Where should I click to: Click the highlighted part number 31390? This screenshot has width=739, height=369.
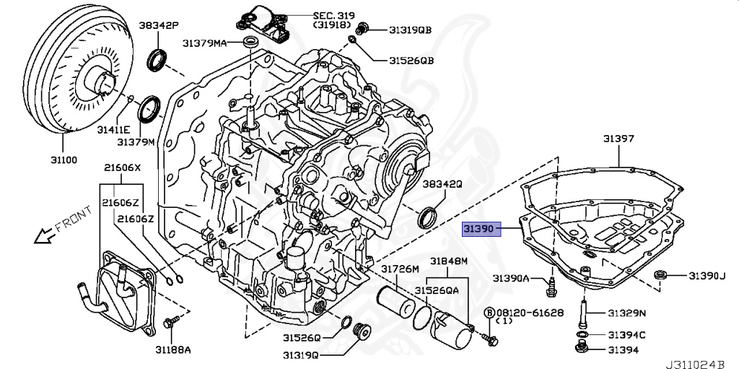tap(478, 228)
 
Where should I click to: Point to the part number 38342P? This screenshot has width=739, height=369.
tap(159, 25)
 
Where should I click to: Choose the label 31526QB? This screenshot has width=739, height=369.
tap(411, 61)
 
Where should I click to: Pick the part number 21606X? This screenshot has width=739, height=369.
tap(121, 168)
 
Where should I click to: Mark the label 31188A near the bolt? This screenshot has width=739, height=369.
tap(173, 350)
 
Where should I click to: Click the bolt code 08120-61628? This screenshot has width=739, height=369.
tap(529, 312)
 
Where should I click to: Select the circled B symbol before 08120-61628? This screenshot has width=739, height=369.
tap(489, 312)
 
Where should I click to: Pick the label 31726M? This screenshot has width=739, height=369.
tap(400, 269)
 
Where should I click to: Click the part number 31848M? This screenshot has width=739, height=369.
tap(449, 261)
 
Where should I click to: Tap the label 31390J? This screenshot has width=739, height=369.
tap(706, 275)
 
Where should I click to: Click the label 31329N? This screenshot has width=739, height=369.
tap(626, 313)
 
